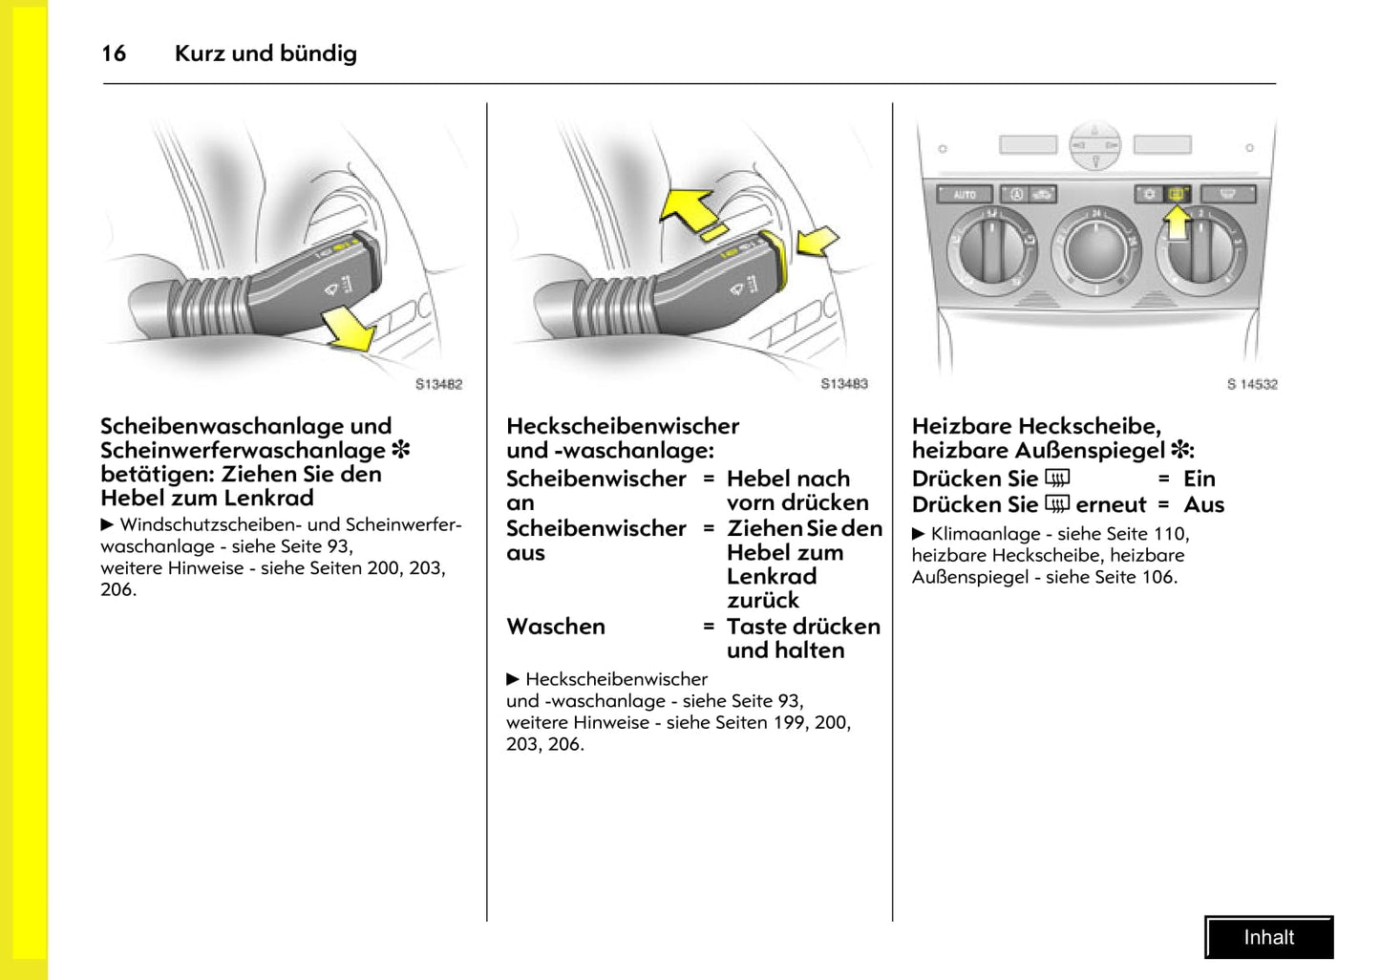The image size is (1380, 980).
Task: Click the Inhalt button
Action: coord(1268,938)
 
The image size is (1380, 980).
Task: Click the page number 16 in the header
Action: coord(114,53)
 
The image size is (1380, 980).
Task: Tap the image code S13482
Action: coord(438,384)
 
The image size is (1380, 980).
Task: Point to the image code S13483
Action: coord(844,384)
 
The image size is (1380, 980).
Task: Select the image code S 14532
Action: coord(1252,384)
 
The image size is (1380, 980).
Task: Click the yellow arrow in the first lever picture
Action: coord(348,329)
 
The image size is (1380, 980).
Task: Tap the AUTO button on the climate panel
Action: coord(965,195)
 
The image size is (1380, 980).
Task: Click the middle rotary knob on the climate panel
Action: coord(1095,249)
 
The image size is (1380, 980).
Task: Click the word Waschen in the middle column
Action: coord(556,627)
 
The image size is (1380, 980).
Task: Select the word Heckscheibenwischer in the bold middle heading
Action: coord(623,426)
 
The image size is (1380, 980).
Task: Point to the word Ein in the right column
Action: coord(1200,479)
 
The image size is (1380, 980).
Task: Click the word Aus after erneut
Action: coord(1203,504)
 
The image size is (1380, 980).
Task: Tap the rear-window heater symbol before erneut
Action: coord(1057,503)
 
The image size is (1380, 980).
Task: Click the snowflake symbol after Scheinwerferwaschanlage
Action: coord(401,450)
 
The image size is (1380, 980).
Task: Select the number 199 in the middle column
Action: coord(789,722)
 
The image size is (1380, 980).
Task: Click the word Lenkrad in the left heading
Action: coord(268,498)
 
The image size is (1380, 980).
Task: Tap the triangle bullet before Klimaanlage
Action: coord(919,534)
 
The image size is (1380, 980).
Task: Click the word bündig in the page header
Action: coord(319,53)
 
